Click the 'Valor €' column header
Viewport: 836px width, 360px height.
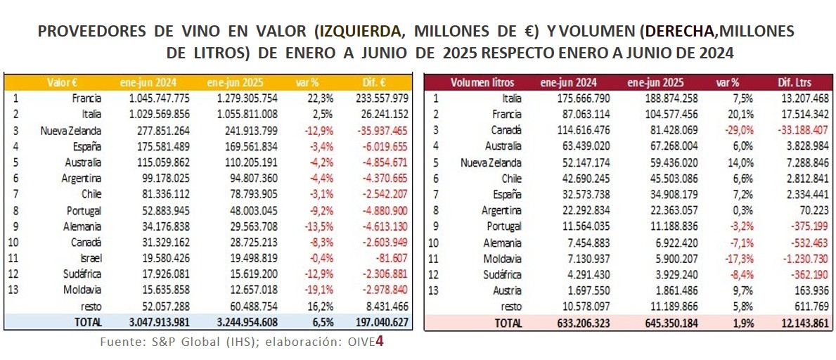[x=63, y=82]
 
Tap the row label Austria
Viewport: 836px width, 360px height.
[x=507, y=290]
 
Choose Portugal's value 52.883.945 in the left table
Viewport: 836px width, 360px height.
[x=160, y=210]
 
